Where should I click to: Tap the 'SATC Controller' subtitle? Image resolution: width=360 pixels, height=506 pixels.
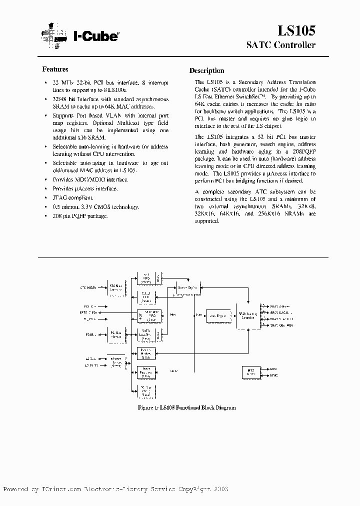click(x=281, y=45)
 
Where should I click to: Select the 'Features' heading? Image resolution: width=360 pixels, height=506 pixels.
click(x=55, y=69)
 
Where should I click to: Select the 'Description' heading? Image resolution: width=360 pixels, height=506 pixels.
click(x=206, y=71)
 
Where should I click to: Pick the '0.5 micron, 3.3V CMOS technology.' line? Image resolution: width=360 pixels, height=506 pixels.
click(x=95, y=206)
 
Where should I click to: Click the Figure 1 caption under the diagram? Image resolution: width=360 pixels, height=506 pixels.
click(x=186, y=408)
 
